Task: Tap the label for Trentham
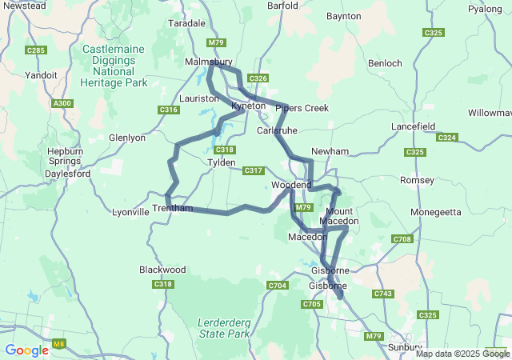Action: (x=173, y=209)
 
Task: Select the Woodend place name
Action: (x=291, y=185)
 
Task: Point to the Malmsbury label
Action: (x=208, y=62)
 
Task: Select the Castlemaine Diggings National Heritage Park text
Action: (x=114, y=66)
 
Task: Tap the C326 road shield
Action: (x=258, y=78)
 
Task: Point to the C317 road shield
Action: (x=254, y=170)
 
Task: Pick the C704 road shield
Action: (x=278, y=286)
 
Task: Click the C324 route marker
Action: (x=447, y=138)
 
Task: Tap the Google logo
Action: (x=26, y=350)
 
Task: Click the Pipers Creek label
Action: (x=302, y=108)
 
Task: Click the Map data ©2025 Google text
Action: (x=462, y=354)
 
